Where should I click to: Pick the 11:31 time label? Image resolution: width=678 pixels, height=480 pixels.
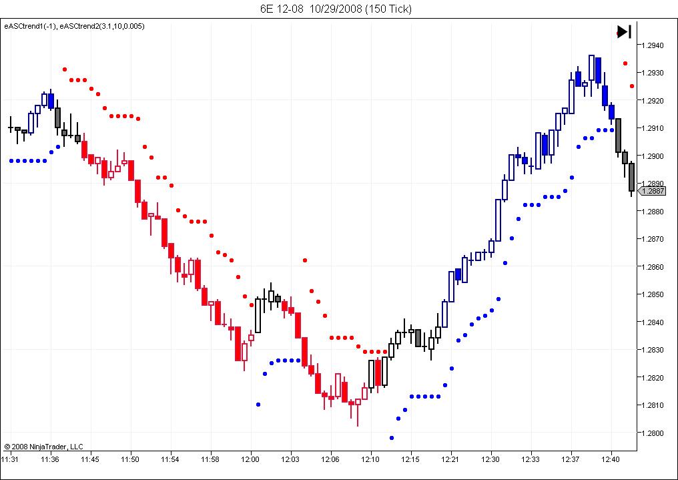9,459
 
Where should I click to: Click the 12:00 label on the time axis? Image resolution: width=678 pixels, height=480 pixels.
250,459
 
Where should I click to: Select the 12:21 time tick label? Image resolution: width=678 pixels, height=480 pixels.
450,459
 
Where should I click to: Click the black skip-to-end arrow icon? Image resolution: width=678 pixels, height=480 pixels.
624,31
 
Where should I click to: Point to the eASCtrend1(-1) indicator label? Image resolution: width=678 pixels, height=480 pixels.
30,26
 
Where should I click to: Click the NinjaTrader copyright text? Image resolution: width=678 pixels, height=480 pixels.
43,447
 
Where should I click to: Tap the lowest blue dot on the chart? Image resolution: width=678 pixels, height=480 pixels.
392,438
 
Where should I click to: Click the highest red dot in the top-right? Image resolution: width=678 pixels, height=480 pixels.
625,63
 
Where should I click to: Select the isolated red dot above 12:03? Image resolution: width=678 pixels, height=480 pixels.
305,260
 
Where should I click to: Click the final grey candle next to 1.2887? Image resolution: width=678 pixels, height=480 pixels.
631,178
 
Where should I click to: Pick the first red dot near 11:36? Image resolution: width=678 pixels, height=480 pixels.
65,69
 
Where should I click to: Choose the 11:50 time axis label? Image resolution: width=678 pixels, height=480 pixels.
130,459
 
